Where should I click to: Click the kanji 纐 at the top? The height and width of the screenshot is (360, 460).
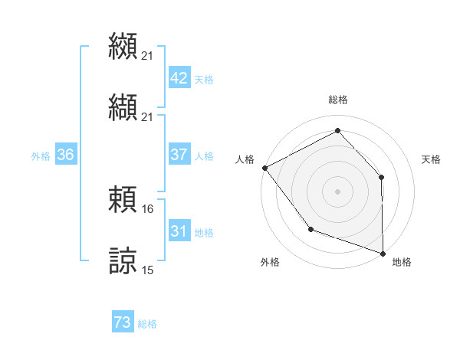click(x=123, y=46)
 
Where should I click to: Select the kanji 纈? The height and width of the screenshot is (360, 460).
click(x=123, y=106)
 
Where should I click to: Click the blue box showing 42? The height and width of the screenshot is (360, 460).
click(x=179, y=78)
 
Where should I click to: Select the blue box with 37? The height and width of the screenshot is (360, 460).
click(x=179, y=155)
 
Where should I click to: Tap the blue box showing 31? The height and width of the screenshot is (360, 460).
click(x=179, y=231)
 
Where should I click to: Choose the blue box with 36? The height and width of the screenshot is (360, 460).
click(x=65, y=155)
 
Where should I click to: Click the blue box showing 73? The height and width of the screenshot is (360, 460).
click(x=123, y=323)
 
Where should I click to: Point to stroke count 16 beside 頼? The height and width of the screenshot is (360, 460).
click(x=148, y=208)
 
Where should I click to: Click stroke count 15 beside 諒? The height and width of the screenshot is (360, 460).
click(x=148, y=270)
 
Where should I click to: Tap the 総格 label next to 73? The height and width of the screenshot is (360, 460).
click(x=147, y=324)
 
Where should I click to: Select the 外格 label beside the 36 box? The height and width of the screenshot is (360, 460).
click(x=41, y=155)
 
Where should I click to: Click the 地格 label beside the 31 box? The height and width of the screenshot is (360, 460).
click(x=204, y=232)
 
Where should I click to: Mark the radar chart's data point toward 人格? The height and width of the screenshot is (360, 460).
click(x=264, y=168)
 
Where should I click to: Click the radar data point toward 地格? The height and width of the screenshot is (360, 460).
click(x=383, y=253)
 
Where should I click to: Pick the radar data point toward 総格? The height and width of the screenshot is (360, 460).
click(x=337, y=131)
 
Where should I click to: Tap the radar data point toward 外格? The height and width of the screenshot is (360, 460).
click(x=310, y=228)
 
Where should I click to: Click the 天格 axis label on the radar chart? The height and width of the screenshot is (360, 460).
click(x=432, y=159)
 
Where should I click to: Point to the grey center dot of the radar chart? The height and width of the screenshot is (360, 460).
click(x=337, y=191)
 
